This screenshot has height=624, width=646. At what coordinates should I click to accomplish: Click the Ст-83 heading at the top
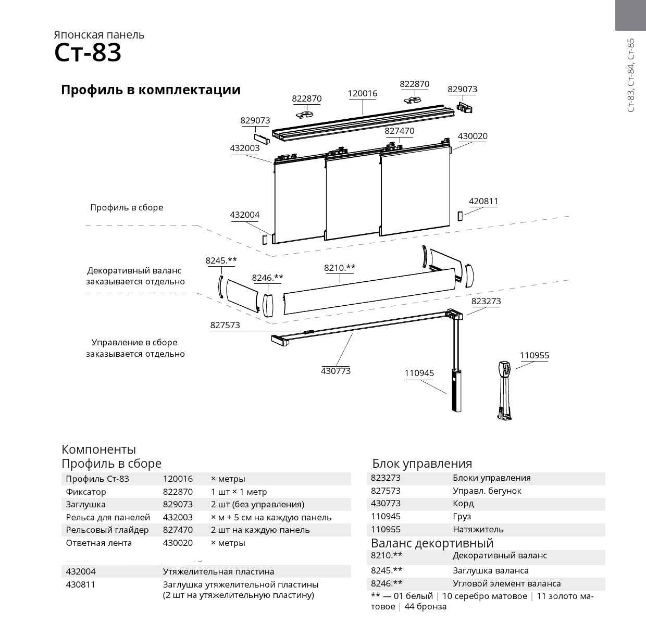88,53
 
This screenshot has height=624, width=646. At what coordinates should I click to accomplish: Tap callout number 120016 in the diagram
362,94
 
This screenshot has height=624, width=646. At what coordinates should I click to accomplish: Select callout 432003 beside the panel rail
244,148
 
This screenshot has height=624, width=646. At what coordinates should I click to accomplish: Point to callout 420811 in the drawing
483,201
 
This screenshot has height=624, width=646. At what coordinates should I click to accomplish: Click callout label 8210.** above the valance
340,268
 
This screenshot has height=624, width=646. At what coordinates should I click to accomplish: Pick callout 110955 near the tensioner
534,356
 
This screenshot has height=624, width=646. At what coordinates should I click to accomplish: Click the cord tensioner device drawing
505,388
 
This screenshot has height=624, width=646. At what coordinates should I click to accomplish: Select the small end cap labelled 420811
459,216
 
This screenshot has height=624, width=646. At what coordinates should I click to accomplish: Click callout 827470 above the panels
399,131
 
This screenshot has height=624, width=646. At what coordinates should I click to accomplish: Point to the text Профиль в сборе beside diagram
127,207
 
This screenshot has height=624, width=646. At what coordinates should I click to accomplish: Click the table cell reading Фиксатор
86,492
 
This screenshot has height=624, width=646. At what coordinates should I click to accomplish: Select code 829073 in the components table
178,504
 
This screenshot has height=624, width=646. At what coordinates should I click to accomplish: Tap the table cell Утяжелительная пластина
218,571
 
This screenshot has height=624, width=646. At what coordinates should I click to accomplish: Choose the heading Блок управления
422,464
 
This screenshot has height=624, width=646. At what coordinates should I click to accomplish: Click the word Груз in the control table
462,516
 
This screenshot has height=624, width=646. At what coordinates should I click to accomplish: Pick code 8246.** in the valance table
387,583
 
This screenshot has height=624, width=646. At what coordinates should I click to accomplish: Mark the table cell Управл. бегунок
487,491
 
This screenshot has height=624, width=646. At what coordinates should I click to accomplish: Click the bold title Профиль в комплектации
151,90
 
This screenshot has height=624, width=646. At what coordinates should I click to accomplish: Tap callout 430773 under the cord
336,371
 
